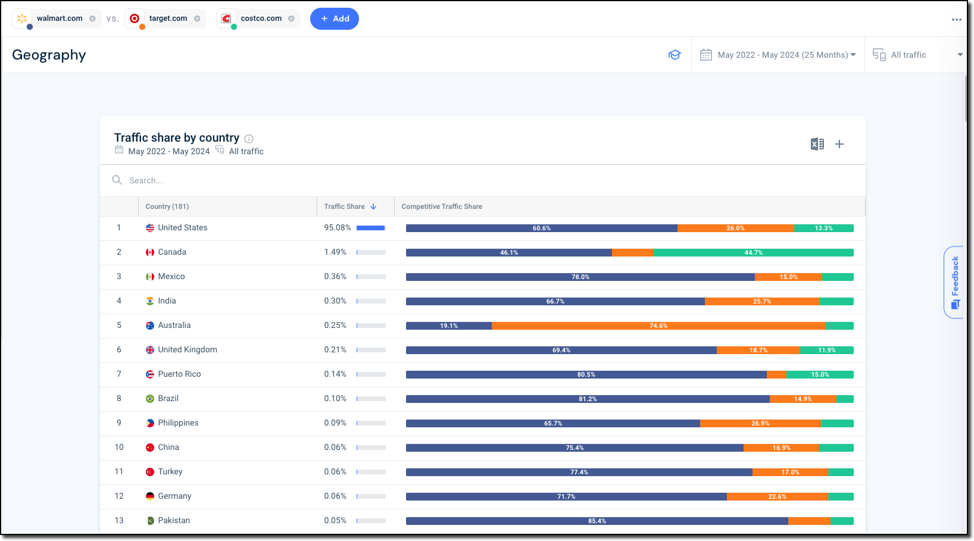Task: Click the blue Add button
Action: (334, 18)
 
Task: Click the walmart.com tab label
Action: (60, 18)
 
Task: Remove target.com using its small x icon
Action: (197, 18)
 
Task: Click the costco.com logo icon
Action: (226, 18)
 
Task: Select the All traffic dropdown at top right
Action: (917, 55)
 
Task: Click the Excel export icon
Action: (817, 144)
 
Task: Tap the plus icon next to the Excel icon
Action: (839, 144)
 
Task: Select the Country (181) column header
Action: (167, 207)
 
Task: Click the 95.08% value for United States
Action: (337, 227)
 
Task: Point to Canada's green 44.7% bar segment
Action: (753, 252)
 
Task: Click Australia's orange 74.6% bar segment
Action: (658, 326)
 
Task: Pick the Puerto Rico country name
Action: (179, 374)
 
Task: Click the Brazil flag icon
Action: (150, 399)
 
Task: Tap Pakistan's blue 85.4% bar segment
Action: (597, 521)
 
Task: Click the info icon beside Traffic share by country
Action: (249, 139)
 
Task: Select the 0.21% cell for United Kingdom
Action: (335, 349)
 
